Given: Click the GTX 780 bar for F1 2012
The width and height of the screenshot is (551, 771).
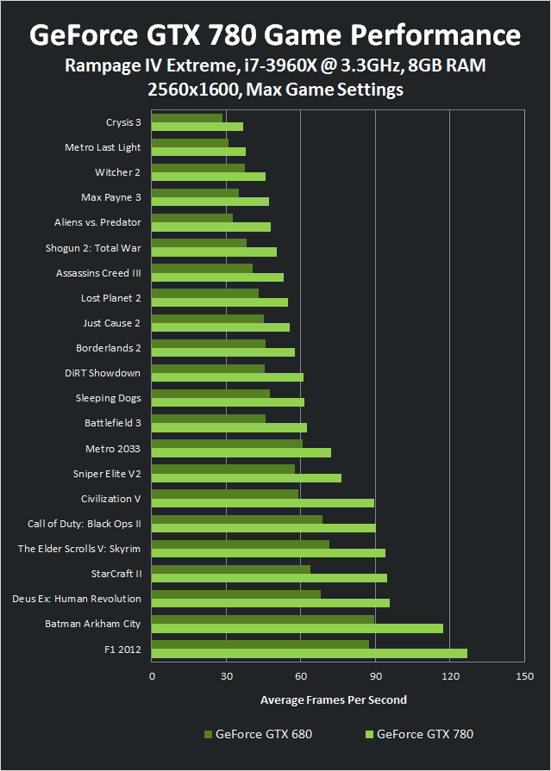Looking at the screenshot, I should click(x=309, y=653).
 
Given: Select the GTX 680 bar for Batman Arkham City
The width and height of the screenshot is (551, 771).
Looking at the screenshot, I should click(x=263, y=619).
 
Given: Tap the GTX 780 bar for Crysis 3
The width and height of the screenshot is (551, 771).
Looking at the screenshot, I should click(x=197, y=127).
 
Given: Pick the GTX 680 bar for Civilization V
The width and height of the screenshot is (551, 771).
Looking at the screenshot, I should click(x=225, y=494).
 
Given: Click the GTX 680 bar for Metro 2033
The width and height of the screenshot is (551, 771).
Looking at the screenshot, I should click(x=227, y=444).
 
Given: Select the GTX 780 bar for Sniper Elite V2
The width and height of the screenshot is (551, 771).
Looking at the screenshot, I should click(x=247, y=478).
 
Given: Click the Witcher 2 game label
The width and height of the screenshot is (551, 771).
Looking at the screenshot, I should click(x=117, y=172).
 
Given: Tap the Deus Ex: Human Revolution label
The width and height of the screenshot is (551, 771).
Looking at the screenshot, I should click(x=76, y=598).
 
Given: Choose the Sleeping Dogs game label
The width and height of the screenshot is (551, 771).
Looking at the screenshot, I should click(x=108, y=398).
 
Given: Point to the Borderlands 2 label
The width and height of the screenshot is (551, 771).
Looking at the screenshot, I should click(x=108, y=348).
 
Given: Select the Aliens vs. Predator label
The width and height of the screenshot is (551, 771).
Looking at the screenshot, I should click(x=97, y=222).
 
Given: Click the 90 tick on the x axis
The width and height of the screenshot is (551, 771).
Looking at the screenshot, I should click(x=375, y=677).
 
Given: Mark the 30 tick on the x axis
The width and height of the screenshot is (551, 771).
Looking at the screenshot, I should click(x=226, y=677).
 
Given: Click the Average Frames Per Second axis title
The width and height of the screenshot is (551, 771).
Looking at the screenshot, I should click(x=333, y=699).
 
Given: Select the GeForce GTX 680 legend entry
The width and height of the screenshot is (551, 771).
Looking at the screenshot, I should click(x=258, y=735).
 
